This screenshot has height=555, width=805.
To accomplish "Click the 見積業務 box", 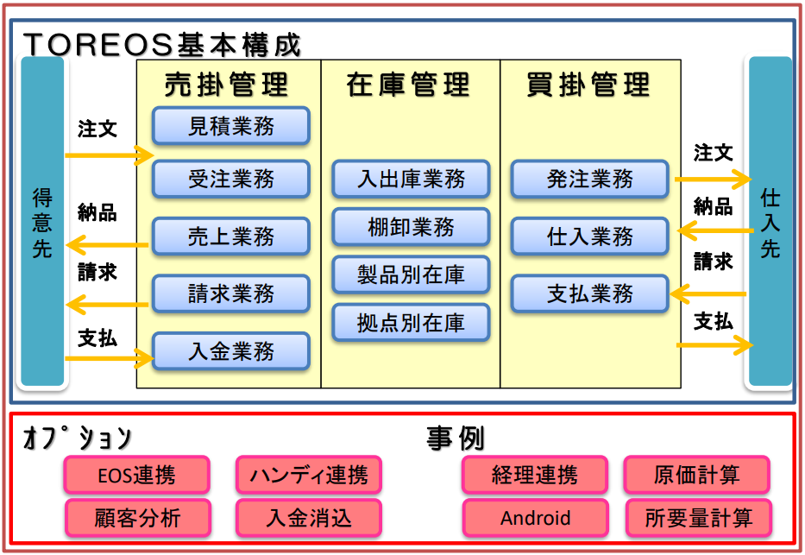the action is pos(231,126).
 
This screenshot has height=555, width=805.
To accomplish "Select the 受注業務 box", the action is pos(231,180).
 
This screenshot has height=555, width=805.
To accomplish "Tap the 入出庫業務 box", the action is pos(411,180).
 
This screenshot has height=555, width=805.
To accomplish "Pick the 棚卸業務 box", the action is pos(411,227).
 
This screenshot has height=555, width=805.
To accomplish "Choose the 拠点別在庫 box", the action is pos(411,323).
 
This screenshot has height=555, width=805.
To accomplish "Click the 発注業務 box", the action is pos(590,180).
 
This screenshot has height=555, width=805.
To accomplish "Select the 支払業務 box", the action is pos(590,293).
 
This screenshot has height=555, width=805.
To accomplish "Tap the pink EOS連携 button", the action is pos(137,475).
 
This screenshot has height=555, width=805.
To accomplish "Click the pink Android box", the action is pos(536,518).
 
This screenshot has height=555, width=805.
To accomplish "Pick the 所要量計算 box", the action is pos(699,518).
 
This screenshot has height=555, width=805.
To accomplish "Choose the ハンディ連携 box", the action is pos(309,475).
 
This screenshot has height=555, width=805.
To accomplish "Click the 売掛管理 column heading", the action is pos(226,85).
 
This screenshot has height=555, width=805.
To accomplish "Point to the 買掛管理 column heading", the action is pos(588,85).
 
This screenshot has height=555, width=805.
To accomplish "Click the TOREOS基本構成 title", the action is pos(162,45).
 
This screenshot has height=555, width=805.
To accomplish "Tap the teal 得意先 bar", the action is pos(42,221).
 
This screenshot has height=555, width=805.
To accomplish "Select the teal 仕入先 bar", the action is pos(770,221).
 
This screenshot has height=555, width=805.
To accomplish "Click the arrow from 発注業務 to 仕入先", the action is pos(713,180).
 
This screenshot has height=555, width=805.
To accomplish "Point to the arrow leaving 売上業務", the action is pos(107,245).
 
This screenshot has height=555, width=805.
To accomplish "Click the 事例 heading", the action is pos(456,439).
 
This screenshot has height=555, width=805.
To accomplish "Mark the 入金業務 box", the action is pos(231,351).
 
